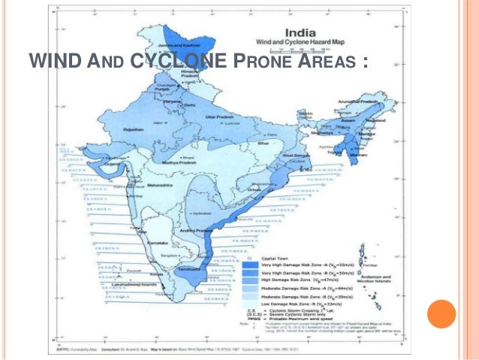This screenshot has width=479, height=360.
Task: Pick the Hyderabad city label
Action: coord(200,213)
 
